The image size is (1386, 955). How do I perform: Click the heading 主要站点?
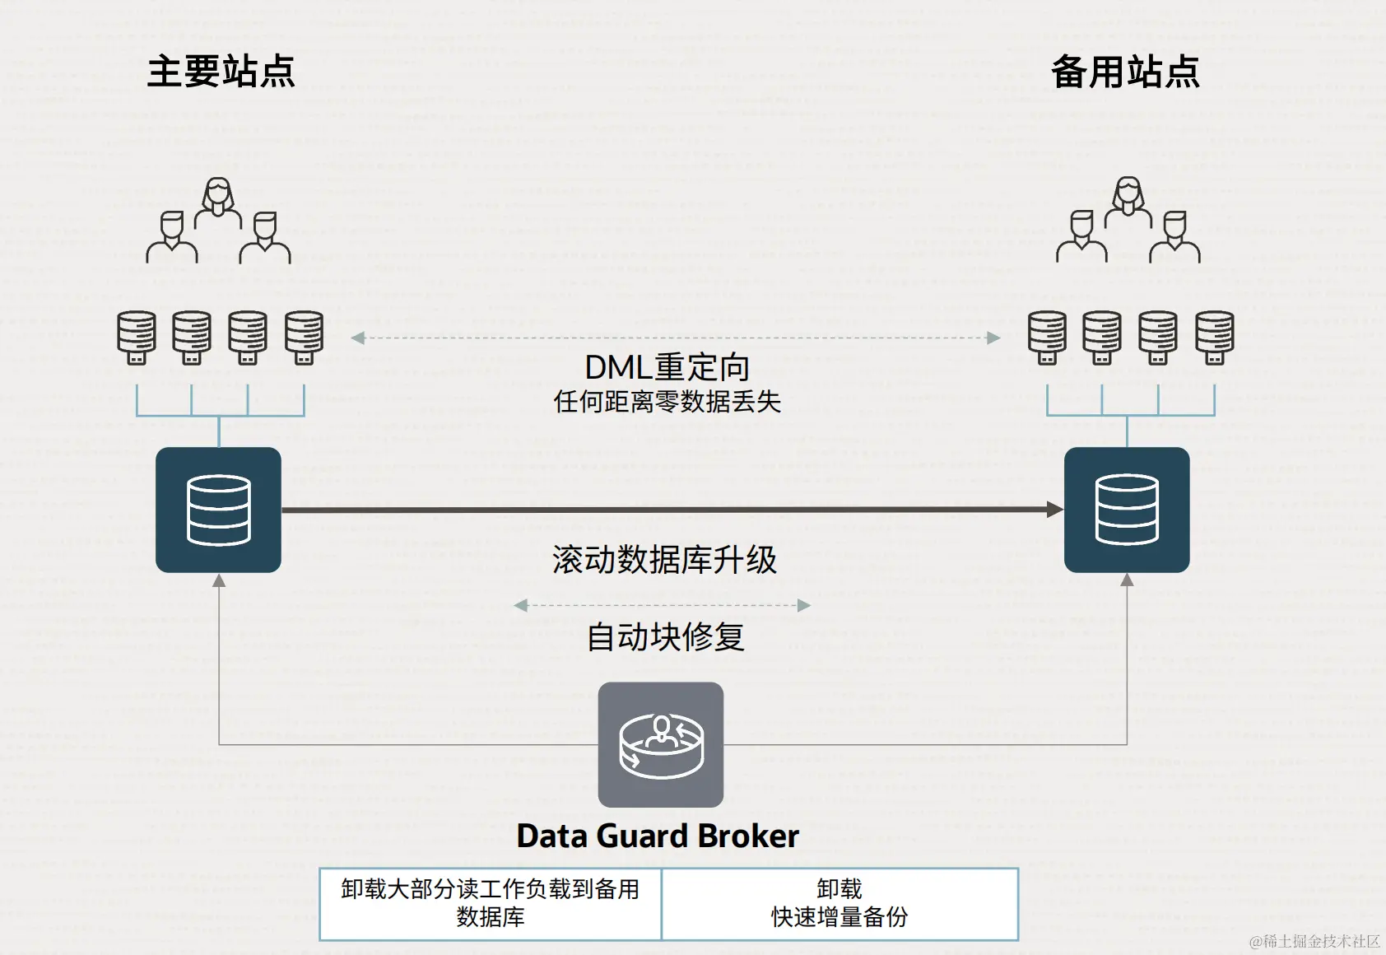tap(221, 72)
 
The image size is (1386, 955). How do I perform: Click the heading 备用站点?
tap(1125, 72)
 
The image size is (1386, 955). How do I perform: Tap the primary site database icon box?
tap(218, 510)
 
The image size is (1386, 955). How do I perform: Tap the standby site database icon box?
tap(1127, 510)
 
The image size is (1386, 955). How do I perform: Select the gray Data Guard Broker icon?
tap(661, 744)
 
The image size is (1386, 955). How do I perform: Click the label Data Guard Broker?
tap(658, 836)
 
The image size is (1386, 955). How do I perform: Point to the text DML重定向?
tap(667, 367)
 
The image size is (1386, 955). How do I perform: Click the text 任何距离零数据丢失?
tap(667, 402)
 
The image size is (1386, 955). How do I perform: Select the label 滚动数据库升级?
tap(664, 560)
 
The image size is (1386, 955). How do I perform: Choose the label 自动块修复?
tap(665, 636)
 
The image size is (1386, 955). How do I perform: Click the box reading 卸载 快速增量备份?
tap(840, 903)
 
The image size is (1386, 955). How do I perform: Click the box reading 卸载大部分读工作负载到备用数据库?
tap(491, 903)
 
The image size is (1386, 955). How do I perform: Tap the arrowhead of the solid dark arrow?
tap(1054, 510)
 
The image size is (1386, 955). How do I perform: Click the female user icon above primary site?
tap(218, 202)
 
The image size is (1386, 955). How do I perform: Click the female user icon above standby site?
tap(1128, 202)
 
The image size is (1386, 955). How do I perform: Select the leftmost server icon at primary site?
tap(137, 337)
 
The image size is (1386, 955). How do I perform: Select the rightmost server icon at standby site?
tap(1214, 337)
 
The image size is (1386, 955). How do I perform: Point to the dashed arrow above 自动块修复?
tap(662, 605)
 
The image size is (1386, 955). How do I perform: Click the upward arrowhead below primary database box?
tap(219, 581)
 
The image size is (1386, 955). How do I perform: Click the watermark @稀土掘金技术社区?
tap(1314, 941)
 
